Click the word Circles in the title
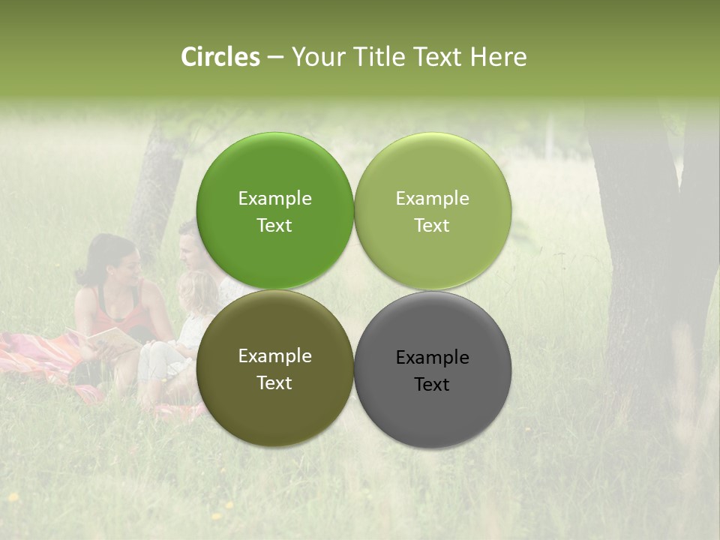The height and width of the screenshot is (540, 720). click(x=220, y=57)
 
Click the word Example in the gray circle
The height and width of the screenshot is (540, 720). click(x=433, y=357)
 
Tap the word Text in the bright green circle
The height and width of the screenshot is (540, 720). click(x=274, y=226)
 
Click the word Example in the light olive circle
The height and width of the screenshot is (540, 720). click(x=433, y=199)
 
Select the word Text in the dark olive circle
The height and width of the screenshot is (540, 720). click(x=274, y=383)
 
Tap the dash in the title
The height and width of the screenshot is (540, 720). click(x=275, y=58)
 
